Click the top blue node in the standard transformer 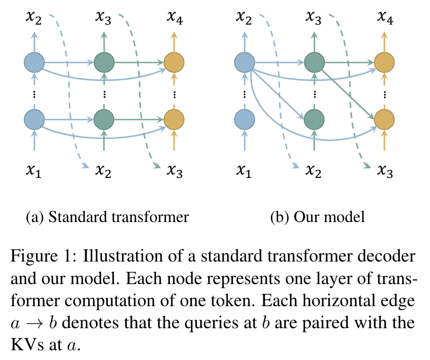point(34,63)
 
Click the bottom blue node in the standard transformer point(34,119)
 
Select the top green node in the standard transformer point(104,63)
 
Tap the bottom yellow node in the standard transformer point(174,119)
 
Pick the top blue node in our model point(245,63)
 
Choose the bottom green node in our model point(315,119)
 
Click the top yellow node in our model point(384,63)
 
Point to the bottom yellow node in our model point(384,119)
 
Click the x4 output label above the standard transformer point(175,18)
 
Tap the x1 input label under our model point(244,171)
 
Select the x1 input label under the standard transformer point(34,171)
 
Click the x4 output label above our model point(385,18)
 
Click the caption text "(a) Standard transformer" point(107,217)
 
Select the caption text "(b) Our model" point(318,217)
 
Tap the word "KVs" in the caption point(27,344)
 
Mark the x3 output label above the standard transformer point(103,18)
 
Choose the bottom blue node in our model point(245,119)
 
